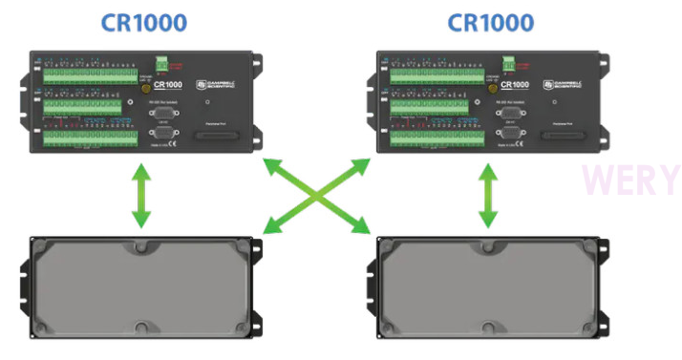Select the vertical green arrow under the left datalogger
140,196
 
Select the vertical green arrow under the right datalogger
488,196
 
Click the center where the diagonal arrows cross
316,196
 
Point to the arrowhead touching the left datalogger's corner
270,166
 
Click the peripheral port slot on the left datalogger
218,138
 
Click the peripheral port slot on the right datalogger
565,138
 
